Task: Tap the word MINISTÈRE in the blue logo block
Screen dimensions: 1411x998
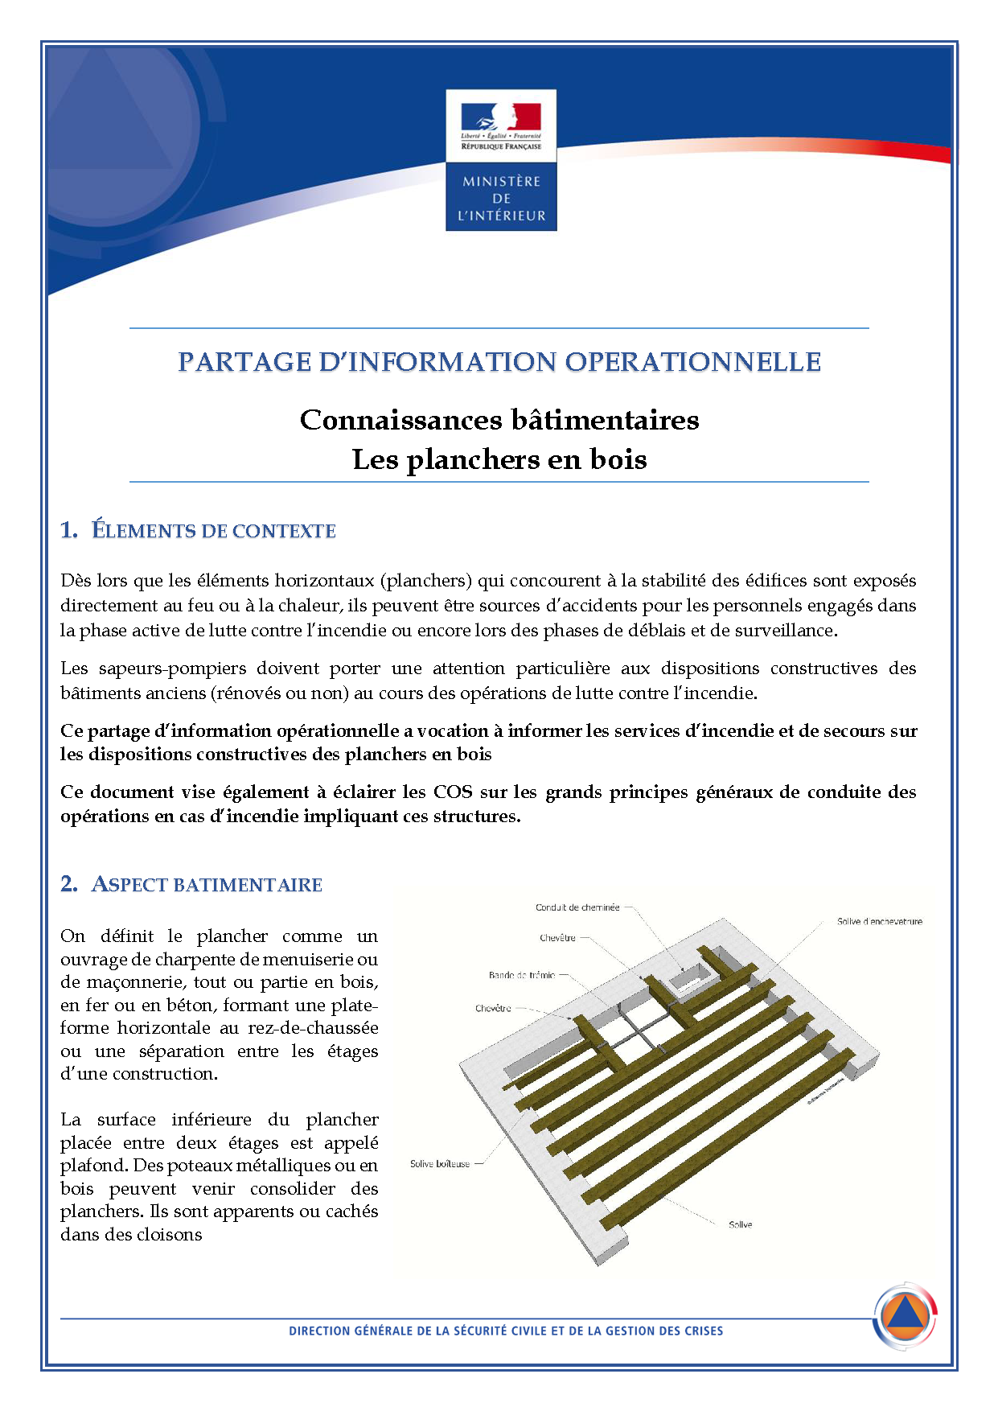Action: tap(501, 182)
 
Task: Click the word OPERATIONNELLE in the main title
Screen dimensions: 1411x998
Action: tap(692, 362)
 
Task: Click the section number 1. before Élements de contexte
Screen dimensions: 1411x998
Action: tap(69, 530)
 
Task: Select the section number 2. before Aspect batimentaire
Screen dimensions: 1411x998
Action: tap(69, 884)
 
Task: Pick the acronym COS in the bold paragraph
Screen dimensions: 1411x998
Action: tap(453, 792)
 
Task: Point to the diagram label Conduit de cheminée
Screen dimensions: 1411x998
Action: tap(577, 907)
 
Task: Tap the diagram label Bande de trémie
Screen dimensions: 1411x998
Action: tap(521, 975)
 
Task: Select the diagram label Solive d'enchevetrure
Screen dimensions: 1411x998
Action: tap(879, 922)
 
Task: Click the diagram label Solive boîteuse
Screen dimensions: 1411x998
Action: tap(440, 1164)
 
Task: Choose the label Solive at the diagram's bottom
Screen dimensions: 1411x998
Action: tap(740, 1224)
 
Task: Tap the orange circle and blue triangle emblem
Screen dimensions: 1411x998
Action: tap(906, 1316)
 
